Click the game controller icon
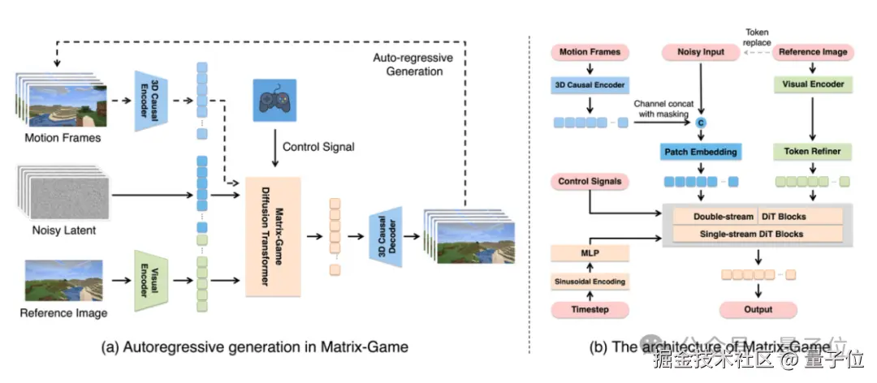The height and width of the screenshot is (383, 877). click(x=274, y=101)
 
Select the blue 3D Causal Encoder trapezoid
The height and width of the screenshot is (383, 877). click(x=149, y=101)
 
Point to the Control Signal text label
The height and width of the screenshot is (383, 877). click(x=318, y=147)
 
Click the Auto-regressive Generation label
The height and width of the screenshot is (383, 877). click(x=408, y=64)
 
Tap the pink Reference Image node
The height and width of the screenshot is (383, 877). click(x=813, y=52)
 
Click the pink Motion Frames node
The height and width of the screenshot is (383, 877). click(x=590, y=52)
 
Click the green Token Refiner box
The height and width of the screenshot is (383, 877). click(x=812, y=152)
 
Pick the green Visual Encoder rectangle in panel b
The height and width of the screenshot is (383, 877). click(x=813, y=84)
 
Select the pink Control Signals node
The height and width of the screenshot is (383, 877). click(x=590, y=181)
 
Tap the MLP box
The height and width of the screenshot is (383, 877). click(x=590, y=253)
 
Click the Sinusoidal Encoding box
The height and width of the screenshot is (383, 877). click(x=590, y=282)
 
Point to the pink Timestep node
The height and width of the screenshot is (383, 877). click(x=590, y=309)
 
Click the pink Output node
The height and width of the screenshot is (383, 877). click(x=758, y=309)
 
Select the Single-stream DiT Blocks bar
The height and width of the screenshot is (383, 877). click(x=757, y=235)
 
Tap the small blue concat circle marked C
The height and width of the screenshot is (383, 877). click(x=701, y=122)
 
